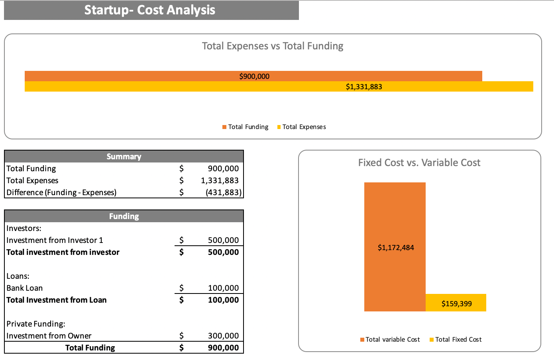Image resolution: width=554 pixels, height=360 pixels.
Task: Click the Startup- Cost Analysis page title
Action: point(150,10)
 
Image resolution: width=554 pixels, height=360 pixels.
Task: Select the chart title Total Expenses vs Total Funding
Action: point(273,46)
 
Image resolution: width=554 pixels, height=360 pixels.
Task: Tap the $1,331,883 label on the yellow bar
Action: point(364,87)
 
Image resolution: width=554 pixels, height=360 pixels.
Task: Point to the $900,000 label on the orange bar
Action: point(254,76)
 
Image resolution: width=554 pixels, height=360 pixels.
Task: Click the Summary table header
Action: point(124,157)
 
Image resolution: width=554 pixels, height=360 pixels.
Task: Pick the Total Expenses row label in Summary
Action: point(32,180)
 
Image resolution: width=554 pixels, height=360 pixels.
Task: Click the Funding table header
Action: point(124,216)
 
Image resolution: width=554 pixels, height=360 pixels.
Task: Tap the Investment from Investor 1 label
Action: point(55,240)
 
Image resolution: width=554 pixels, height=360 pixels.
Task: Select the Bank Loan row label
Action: point(25,288)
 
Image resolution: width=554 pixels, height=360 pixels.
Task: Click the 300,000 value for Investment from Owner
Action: point(223,336)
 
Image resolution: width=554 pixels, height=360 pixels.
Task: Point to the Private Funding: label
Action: point(36,324)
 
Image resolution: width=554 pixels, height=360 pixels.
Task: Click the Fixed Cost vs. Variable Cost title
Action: point(419,163)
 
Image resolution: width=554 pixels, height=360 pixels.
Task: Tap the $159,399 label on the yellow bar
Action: point(457,304)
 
